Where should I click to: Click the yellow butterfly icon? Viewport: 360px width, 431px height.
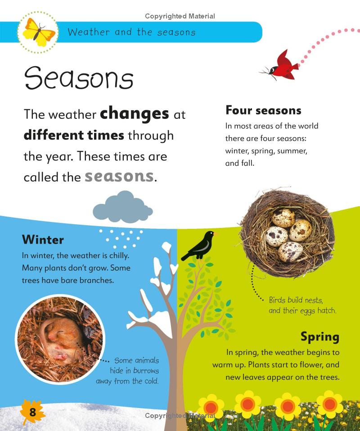click(39, 32)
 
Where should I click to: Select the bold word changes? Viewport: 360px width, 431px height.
click(134, 113)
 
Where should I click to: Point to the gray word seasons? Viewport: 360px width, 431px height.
click(119, 176)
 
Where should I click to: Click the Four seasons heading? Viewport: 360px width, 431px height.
click(263, 110)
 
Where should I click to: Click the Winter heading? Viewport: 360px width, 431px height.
click(43, 239)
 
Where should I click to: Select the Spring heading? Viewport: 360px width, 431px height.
click(320, 336)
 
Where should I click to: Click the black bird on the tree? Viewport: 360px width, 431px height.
click(198, 246)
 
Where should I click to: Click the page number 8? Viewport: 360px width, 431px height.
click(32, 412)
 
